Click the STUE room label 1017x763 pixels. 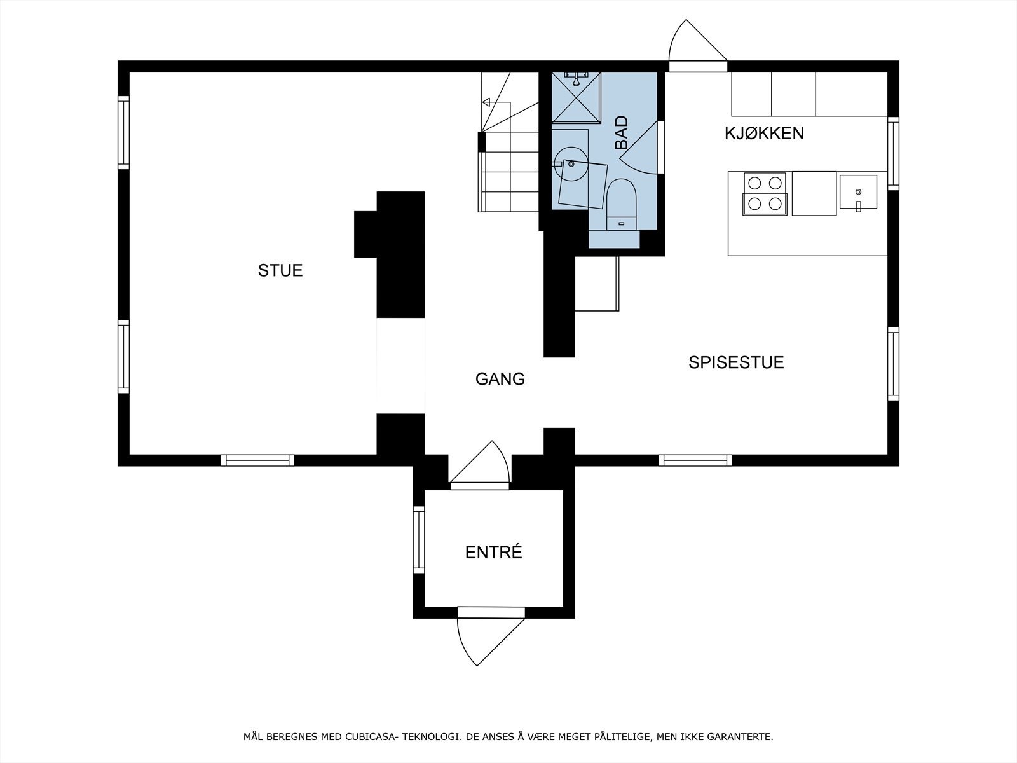280,270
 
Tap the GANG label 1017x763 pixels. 500,379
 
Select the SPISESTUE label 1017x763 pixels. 736,362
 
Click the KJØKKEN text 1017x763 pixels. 764,134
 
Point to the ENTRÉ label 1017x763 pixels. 493,553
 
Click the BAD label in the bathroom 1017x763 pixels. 621,132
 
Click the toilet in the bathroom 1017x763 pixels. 622,202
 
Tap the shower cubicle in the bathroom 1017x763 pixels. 576,97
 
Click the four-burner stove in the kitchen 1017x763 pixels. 765,193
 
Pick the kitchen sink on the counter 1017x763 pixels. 857,191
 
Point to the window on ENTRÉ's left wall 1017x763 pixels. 418,539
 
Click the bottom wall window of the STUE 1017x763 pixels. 257,460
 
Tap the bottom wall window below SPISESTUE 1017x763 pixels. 695,460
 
